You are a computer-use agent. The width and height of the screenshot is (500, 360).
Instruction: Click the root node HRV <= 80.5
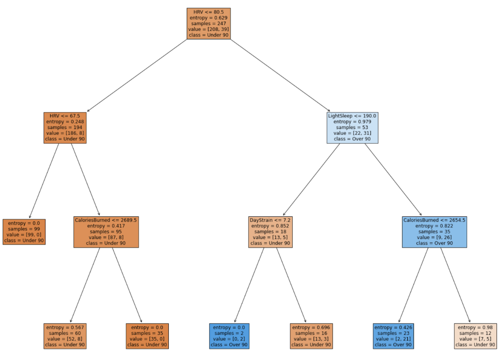208,23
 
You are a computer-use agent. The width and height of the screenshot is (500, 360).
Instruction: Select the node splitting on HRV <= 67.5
65,128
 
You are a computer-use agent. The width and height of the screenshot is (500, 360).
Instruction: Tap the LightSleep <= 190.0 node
352,128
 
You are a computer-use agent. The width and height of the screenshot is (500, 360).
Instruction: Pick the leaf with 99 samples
24,232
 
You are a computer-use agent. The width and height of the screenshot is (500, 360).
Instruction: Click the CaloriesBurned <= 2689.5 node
106,232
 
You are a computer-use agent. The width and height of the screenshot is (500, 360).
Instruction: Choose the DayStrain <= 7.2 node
270,232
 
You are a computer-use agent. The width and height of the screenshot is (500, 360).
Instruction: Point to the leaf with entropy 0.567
65,336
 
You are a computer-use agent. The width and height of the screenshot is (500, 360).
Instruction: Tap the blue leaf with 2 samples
229,336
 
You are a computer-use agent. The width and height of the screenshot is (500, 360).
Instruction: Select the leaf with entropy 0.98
475,336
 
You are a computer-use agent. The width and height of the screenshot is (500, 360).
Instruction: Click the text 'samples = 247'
208,23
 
